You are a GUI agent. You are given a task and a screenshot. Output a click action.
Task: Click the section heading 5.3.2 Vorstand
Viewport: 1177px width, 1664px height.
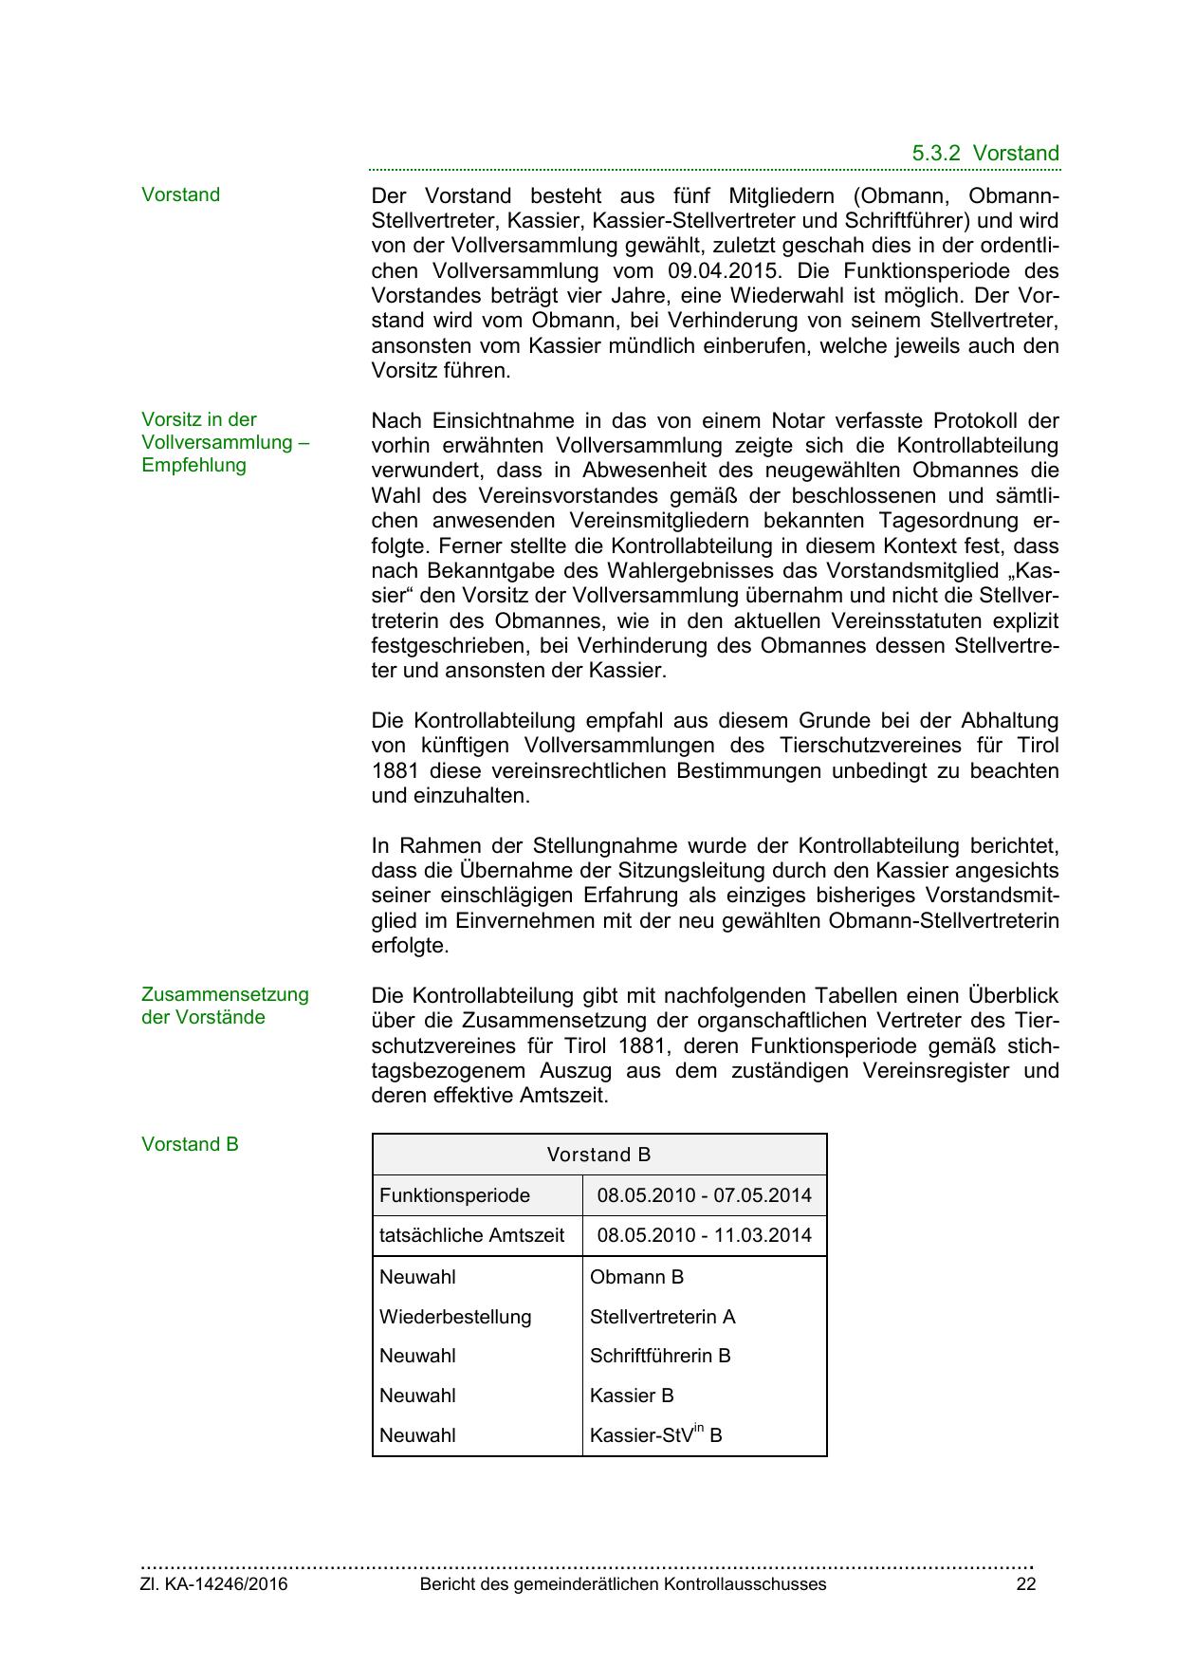coord(985,154)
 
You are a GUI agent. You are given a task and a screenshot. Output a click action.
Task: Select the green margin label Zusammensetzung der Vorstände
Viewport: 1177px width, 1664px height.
coord(225,1007)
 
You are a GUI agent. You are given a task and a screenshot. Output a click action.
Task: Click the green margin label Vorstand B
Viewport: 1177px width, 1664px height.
coord(190,1145)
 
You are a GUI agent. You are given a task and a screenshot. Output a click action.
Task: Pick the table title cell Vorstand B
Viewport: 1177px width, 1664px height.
coord(598,1156)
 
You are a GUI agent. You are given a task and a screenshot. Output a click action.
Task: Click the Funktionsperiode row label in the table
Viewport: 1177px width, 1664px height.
coord(454,1196)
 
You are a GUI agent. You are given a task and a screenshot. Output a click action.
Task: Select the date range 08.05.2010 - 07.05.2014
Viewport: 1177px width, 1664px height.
coord(704,1196)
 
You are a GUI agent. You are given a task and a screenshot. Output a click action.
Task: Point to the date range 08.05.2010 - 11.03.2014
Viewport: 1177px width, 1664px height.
coord(704,1236)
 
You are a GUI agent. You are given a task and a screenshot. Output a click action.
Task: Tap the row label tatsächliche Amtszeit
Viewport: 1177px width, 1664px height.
coord(471,1236)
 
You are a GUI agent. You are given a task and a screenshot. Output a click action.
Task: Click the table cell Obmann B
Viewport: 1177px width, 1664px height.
coord(636,1278)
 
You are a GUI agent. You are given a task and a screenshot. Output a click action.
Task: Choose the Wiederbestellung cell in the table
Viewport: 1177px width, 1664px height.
coord(455,1318)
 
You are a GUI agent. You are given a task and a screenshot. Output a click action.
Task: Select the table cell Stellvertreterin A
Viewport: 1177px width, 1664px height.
coord(662,1318)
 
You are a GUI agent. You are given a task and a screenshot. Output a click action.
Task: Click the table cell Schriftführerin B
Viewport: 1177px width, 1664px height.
coord(660,1357)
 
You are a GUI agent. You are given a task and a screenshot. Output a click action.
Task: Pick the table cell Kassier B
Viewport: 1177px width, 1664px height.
coord(632,1396)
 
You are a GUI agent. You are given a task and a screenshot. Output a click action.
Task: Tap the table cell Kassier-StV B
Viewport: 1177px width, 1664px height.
coord(655,1436)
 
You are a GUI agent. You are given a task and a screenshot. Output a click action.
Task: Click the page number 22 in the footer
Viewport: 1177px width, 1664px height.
coord(1025,1585)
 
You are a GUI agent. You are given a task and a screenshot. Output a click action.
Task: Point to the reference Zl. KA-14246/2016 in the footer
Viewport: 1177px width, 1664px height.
coord(214,1585)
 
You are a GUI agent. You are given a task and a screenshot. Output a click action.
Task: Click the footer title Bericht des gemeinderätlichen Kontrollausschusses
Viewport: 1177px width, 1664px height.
coord(623,1585)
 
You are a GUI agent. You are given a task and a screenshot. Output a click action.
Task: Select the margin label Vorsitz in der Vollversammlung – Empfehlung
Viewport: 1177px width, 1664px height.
coord(226,443)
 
